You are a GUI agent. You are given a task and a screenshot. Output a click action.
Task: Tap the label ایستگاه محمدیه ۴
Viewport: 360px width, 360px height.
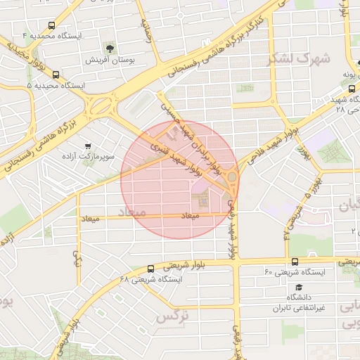(52, 35)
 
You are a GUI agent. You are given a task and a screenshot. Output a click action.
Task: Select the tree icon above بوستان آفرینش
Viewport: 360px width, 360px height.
(110, 49)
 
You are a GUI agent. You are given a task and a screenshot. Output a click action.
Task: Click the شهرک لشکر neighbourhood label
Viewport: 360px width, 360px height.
(299, 58)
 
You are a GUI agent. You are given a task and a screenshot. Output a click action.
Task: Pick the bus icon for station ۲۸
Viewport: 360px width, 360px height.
(352, 89)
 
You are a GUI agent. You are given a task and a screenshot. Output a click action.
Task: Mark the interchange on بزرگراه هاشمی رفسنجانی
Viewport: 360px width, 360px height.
(103, 107)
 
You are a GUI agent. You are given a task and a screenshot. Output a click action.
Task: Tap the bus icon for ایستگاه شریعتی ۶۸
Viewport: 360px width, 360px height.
(150, 269)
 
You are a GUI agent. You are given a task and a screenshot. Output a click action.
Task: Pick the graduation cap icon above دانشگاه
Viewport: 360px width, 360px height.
(299, 287)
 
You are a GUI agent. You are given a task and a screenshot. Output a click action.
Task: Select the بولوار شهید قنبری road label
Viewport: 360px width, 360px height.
(176, 158)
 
